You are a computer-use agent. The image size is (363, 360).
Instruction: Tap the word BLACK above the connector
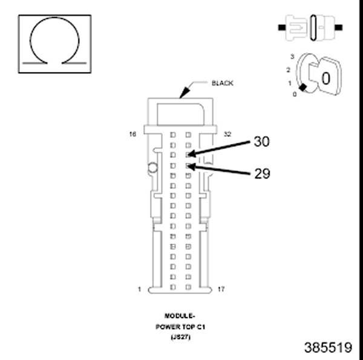(x=222, y=83)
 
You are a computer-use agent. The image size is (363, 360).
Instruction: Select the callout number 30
(x=261, y=142)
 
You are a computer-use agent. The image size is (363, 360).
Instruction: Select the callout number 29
(x=261, y=174)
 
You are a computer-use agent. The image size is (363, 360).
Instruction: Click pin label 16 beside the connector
(x=132, y=134)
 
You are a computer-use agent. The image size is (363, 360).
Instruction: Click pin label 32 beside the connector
(x=227, y=134)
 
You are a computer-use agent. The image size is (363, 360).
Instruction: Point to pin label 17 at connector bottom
(x=221, y=289)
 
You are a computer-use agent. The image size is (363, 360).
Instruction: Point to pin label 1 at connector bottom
(x=139, y=289)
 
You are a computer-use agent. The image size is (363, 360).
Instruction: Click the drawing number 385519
(x=327, y=348)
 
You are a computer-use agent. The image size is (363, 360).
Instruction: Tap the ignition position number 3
(x=292, y=56)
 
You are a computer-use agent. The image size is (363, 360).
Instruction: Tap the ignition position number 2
(x=289, y=70)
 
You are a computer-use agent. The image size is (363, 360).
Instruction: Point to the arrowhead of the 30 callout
(x=189, y=155)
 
